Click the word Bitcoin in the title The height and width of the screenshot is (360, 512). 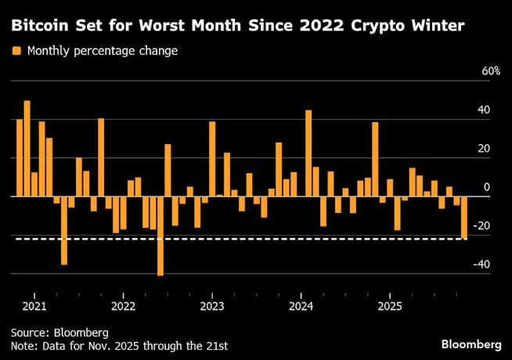(x=39, y=27)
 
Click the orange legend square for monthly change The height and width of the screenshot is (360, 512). (x=16, y=52)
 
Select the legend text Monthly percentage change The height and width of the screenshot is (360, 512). (x=102, y=52)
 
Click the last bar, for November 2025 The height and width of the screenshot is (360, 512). (x=463, y=218)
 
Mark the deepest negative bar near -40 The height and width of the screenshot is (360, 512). (x=160, y=236)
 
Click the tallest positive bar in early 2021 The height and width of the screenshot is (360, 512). (x=27, y=149)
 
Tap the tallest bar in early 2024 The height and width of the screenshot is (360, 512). (x=308, y=153)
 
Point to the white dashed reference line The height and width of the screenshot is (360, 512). (x=235, y=239)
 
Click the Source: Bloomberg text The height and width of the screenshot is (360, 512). (x=59, y=333)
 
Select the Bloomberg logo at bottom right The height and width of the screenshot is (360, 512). (x=471, y=344)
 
